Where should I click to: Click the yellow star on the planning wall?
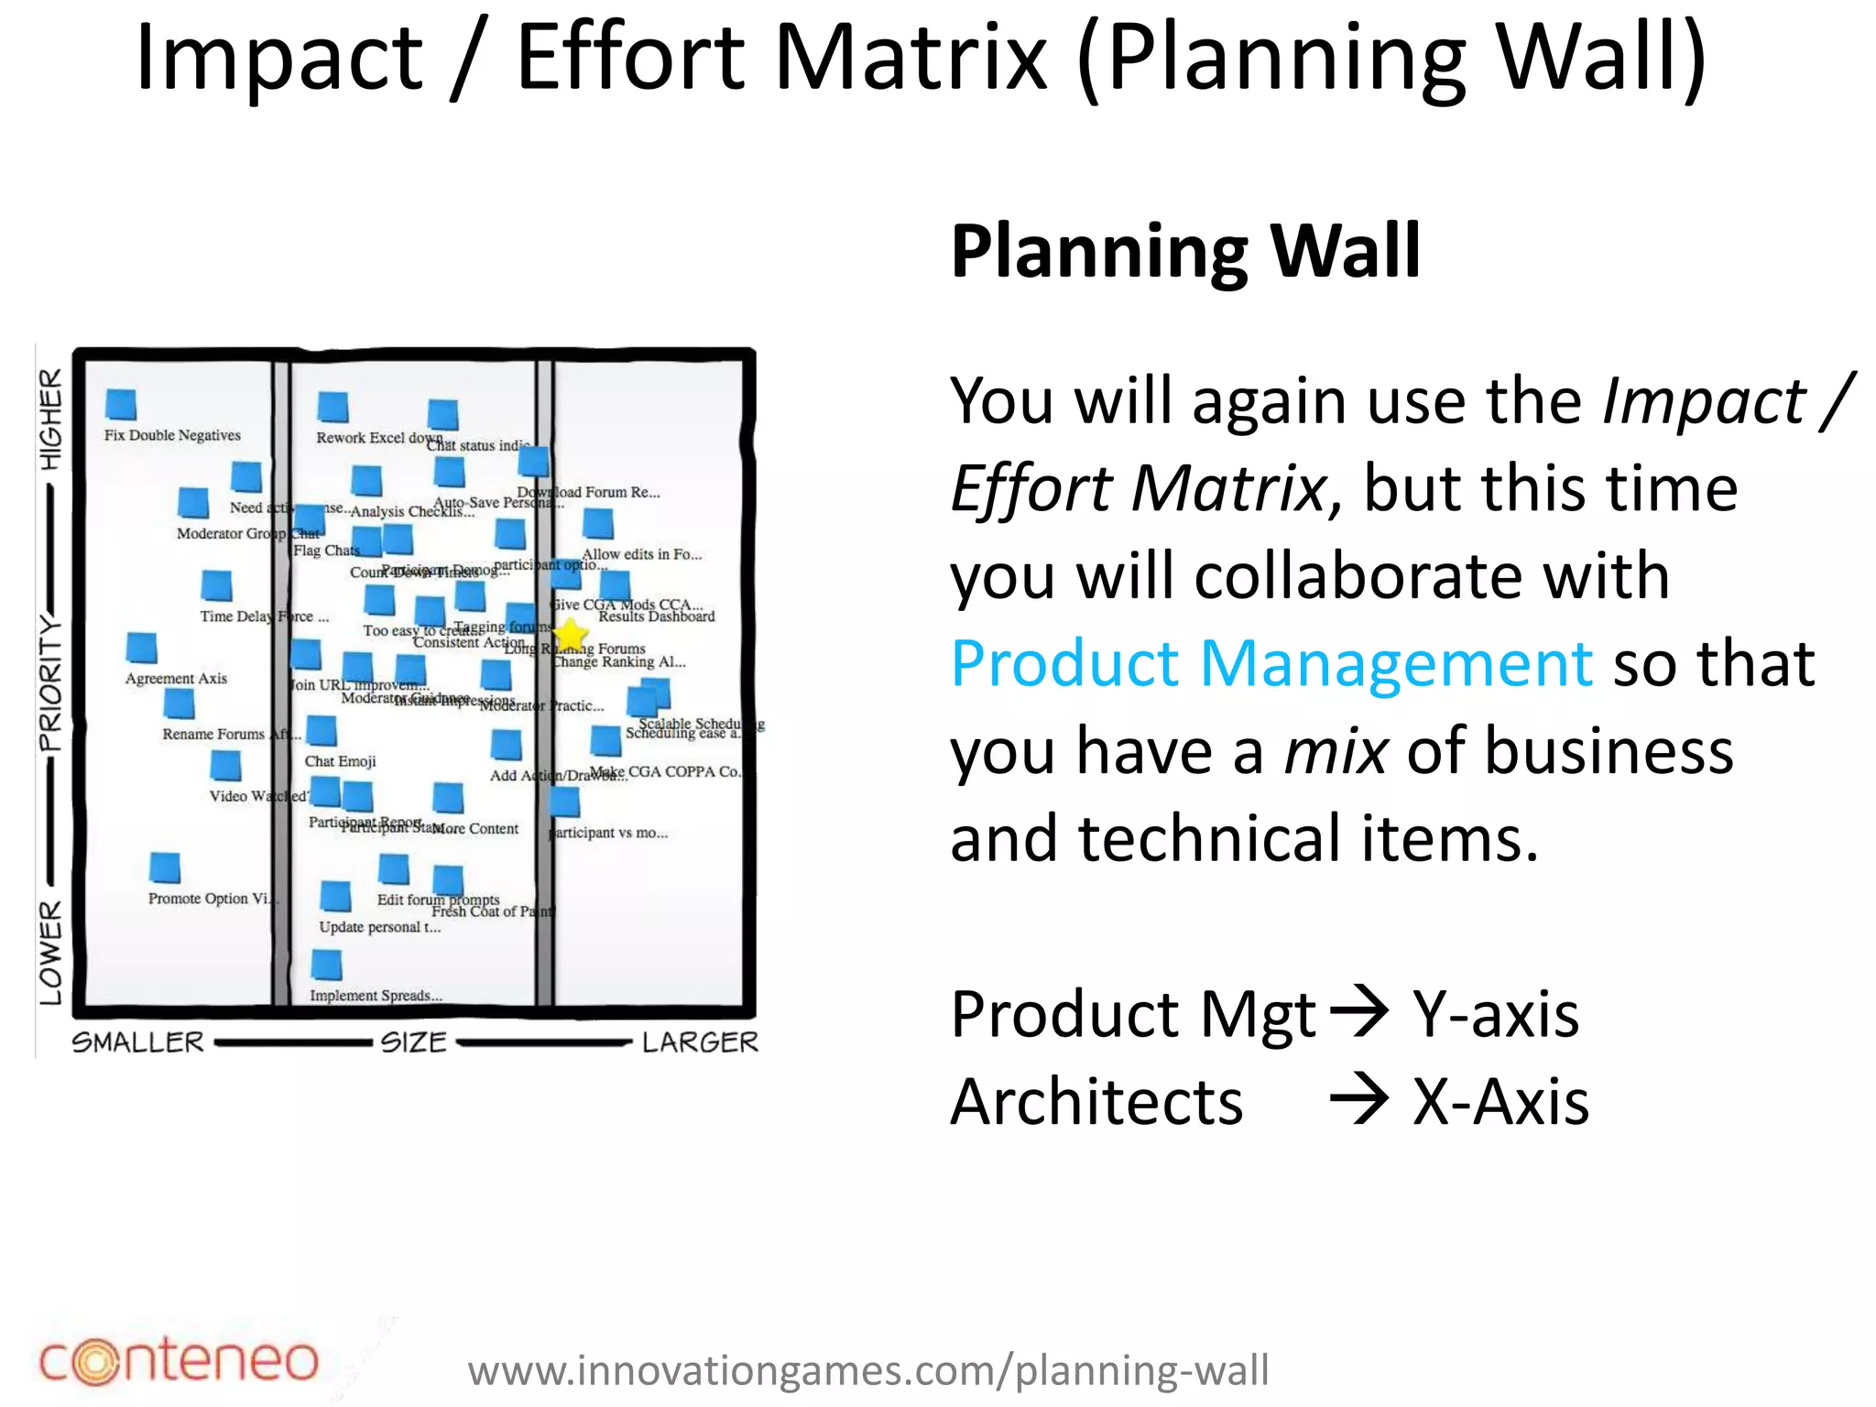570,633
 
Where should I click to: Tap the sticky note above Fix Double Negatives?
121,404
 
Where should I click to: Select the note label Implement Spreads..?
376,996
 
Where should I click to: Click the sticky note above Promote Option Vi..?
165,867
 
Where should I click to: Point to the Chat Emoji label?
340,761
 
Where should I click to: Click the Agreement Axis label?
176,679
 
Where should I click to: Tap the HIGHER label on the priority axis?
51,419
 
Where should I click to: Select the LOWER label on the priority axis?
51,953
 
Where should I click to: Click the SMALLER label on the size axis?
138,1042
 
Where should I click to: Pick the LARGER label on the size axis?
700,1042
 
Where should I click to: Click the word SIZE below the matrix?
413,1042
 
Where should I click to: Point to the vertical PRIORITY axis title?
51,683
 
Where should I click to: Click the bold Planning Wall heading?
1184,251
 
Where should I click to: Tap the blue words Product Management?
1271,663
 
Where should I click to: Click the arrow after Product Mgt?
1358,1011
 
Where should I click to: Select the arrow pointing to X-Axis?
1358,1098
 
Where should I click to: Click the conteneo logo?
179,1361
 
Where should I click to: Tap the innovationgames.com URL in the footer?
867,1371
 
